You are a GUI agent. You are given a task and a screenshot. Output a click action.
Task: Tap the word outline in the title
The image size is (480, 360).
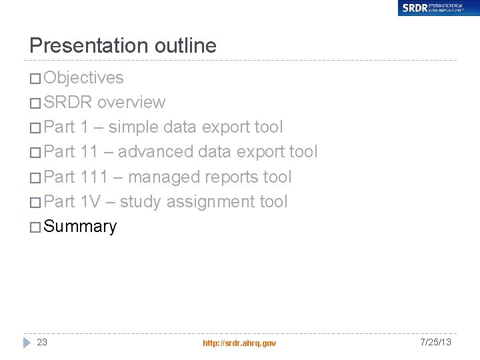point(185,45)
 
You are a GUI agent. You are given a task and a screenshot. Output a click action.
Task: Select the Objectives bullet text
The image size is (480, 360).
point(83,78)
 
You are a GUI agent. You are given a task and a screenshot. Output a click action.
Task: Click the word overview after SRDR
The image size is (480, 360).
point(131,103)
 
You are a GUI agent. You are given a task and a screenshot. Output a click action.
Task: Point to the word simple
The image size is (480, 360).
point(133,127)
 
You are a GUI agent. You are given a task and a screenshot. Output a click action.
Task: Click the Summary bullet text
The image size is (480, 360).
point(80,227)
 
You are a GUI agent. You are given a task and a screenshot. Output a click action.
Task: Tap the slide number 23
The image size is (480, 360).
point(42,342)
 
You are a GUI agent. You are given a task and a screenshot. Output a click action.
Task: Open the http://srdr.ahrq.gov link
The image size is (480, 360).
point(239,343)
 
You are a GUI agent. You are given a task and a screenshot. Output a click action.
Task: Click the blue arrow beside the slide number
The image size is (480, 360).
point(27,342)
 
